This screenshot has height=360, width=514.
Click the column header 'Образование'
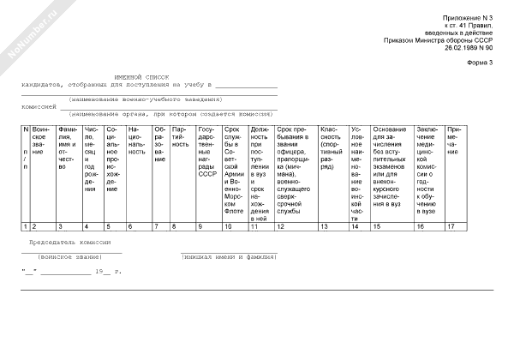[159, 146]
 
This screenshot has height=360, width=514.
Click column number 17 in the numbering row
[451, 226]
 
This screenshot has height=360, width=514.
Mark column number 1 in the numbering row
[25, 226]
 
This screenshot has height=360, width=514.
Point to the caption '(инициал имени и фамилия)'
[228, 257]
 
